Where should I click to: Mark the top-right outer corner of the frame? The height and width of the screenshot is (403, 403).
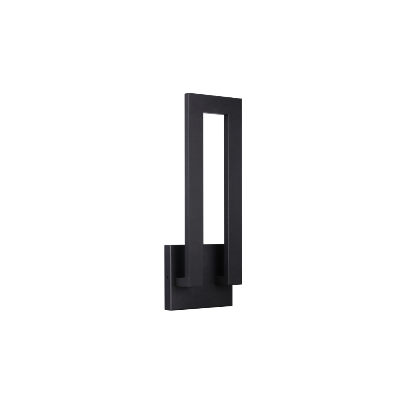(x=242, y=99)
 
